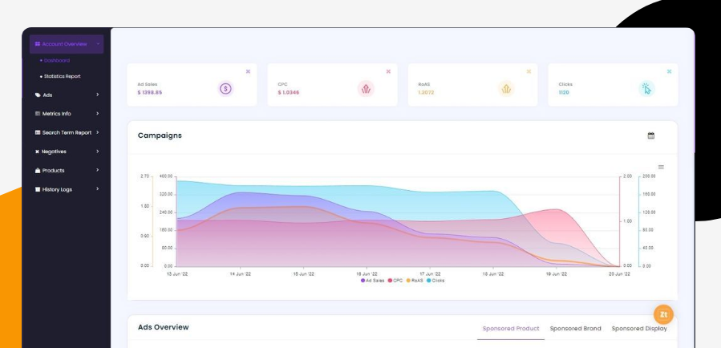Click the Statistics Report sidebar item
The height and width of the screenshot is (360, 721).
(x=63, y=76)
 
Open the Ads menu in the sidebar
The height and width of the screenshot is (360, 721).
(x=48, y=95)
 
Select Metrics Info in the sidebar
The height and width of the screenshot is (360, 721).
(x=56, y=114)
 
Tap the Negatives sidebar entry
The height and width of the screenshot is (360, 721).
(x=54, y=152)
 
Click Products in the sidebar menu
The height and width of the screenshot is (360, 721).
(x=53, y=170)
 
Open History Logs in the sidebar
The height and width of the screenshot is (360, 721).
(x=57, y=189)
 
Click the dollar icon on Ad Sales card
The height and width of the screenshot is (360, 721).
(x=225, y=88)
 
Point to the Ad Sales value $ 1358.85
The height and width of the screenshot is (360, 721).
(x=150, y=92)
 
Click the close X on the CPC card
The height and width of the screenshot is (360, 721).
(x=388, y=71)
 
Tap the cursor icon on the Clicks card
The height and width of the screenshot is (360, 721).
(x=646, y=88)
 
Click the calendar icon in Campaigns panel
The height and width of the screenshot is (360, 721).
(x=651, y=136)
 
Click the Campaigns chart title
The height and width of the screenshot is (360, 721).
(x=160, y=136)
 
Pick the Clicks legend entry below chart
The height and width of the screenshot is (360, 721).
(x=435, y=281)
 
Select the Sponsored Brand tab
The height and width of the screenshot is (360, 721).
(x=575, y=329)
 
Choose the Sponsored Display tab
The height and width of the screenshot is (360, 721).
(x=639, y=329)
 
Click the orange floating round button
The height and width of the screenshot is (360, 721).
(x=663, y=314)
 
